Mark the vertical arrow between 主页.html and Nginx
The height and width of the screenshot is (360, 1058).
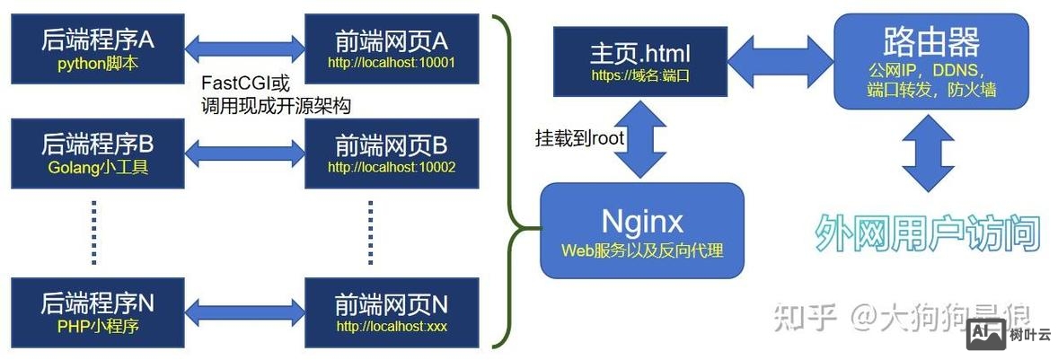tap(641, 139)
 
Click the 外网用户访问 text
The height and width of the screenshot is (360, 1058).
tap(927, 234)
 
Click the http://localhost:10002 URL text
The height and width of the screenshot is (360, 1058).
tap(392, 167)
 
